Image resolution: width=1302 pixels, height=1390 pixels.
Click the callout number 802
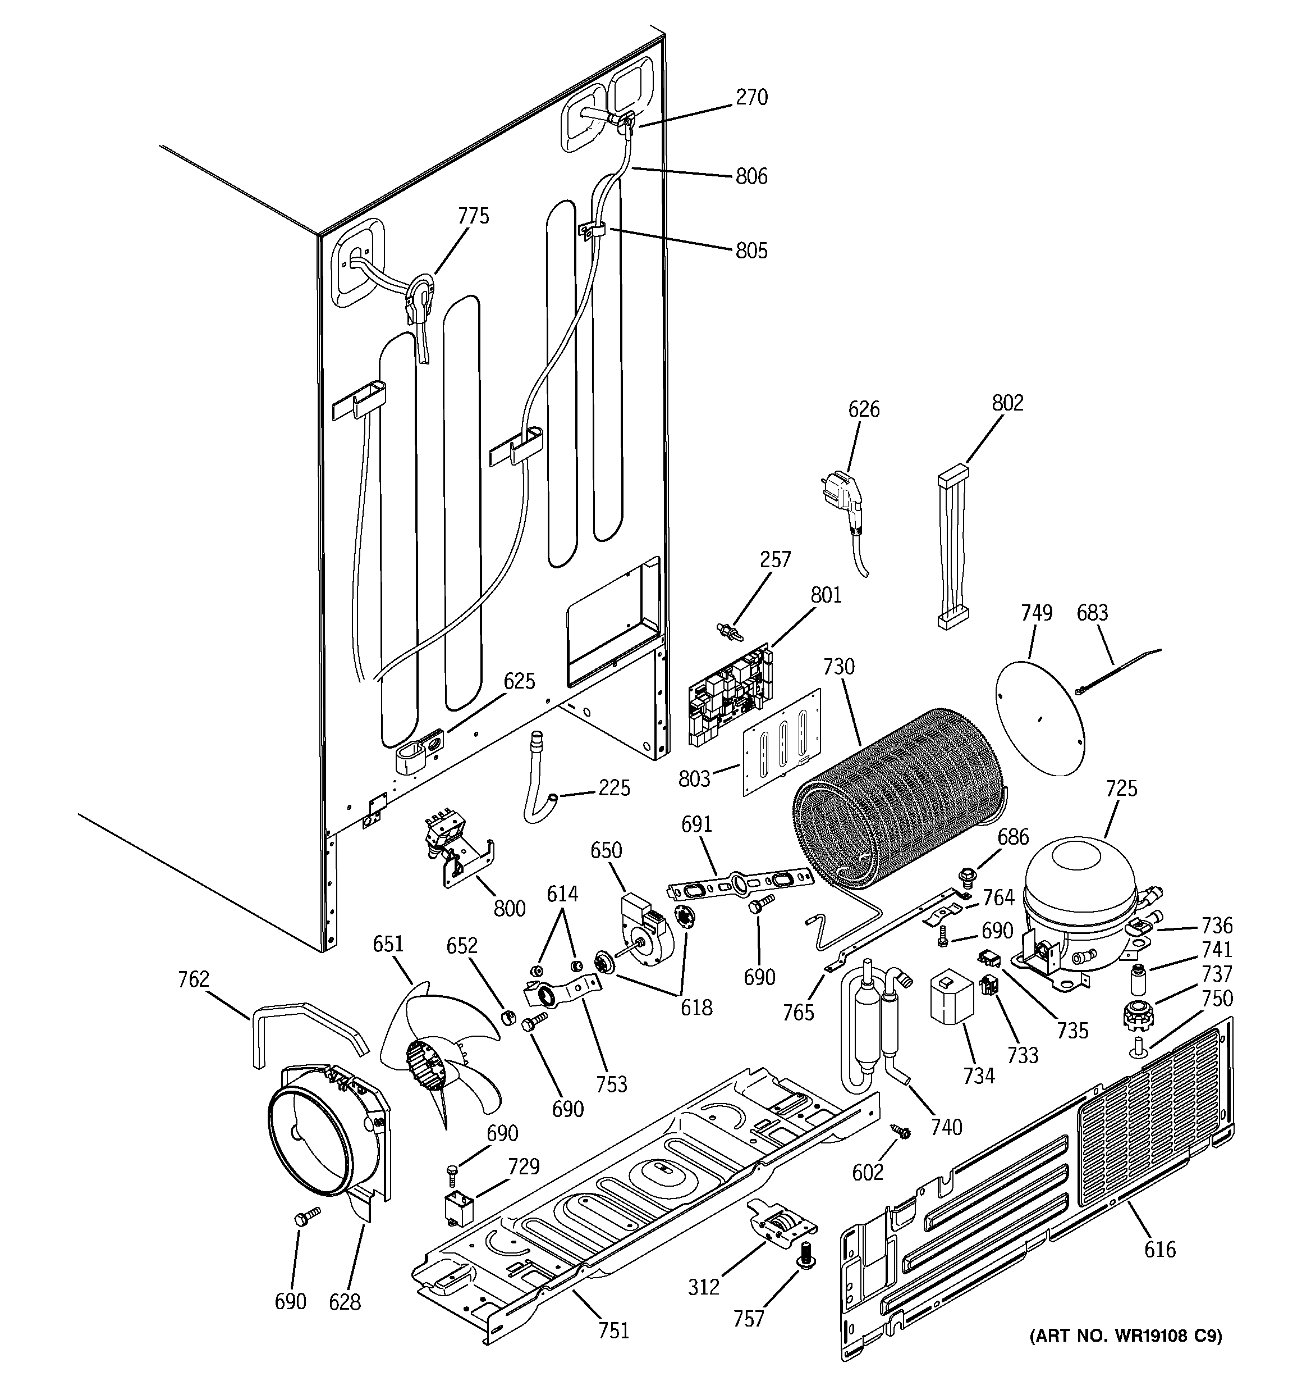click(1007, 403)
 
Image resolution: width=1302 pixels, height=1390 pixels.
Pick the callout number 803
click(694, 778)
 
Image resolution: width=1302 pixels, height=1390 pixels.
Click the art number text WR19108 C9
click(1125, 1336)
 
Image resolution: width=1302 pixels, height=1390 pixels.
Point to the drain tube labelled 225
click(538, 776)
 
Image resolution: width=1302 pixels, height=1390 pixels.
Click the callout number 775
click(473, 216)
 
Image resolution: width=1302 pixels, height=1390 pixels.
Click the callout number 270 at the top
click(751, 97)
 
